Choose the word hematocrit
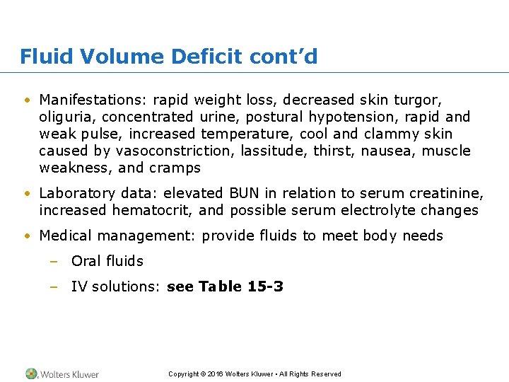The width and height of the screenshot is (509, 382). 152,210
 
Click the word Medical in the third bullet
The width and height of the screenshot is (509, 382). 65,236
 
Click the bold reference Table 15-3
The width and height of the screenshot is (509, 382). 241,286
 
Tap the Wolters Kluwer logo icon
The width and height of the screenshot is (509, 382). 32,374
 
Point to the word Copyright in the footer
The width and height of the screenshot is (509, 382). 183,374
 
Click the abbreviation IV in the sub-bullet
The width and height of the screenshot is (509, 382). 78,286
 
